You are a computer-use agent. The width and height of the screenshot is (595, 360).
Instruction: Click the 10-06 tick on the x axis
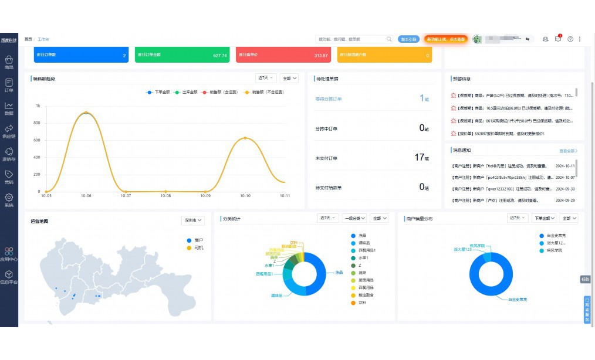click(x=86, y=195)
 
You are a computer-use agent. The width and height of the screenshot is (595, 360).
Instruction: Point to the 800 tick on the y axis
click(x=38, y=123)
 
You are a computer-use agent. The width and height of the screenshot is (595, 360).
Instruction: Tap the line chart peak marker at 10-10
click(x=245, y=138)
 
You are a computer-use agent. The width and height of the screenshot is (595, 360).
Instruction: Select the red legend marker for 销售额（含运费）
click(x=205, y=92)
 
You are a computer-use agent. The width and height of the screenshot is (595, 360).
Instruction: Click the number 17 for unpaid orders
click(x=419, y=157)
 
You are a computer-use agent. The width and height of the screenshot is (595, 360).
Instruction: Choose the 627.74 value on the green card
click(x=220, y=55)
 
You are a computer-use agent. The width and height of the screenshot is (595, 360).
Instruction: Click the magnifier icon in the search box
click(x=388, y=39)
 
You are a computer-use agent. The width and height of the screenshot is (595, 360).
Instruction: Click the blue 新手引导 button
click(x=408, y=39)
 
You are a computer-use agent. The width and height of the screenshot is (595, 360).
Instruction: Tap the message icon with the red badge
click(x=558, y=39)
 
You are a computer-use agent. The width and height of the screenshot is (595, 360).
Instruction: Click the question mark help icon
click(x=570, y=39)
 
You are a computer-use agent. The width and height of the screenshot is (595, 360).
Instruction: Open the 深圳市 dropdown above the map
click(x=193, y=220)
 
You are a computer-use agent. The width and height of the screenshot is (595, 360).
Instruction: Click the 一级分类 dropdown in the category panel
click(x=354, y=218)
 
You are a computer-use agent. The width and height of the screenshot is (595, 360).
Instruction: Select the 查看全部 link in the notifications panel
click(x=568, y=151)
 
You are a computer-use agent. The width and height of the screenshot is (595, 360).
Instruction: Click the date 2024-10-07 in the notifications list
click(x=565, y=177)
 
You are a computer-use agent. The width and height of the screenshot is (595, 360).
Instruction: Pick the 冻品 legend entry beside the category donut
click(x=362, y=235)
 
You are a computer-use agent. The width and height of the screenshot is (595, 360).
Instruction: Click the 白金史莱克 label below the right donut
click(x=517, y=299)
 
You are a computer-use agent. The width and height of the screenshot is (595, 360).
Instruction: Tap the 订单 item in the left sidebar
click(x=9, y=86)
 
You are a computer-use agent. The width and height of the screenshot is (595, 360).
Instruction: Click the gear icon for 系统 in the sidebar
click(x=9, y=198)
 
